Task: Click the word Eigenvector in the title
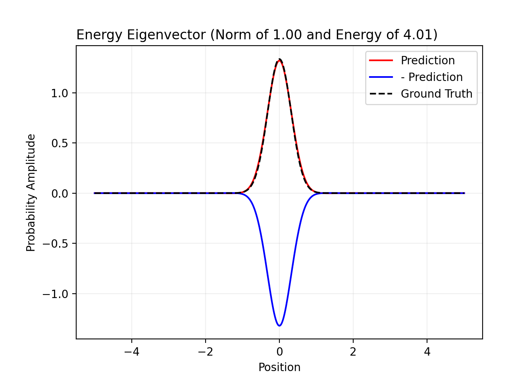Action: click(166, 35)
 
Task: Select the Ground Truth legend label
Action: click(436, 94)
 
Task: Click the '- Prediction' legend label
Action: click(431, 77)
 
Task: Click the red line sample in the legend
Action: click(381, 60)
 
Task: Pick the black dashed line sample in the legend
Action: click(381, 94)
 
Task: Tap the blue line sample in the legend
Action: click(381, 77)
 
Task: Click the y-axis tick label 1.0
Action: click(60, 93)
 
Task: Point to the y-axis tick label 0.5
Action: click(60, 143)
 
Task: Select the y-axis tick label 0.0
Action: click(60, 193)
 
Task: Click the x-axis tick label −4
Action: click(131, 352)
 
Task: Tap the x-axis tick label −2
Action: click(205, 352)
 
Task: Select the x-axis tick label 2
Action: click(353, 352)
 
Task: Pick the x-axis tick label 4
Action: click(427, 352)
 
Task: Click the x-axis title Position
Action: click(279, 368)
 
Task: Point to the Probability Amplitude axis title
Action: click(31, 193)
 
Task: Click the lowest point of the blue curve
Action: click(279, 326)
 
